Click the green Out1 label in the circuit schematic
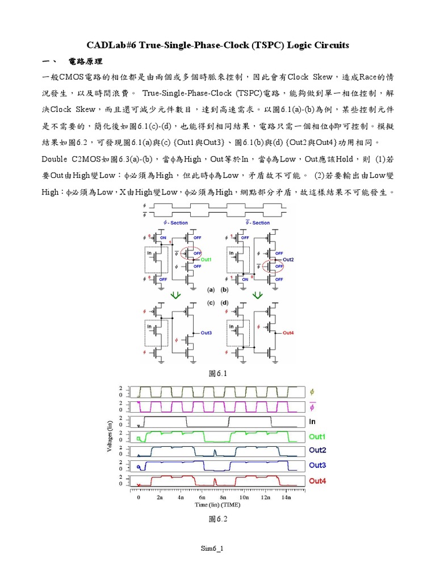pyautogui.click(x=206, y=260)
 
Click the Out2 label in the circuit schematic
pyautogui.click(x=289, y=260)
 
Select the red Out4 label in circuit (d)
pyautogui.click(x=288, y=332)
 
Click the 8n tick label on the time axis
pyautogui.click(x=222, y=497)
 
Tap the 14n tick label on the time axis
pyautogui.click(x=285, y=497)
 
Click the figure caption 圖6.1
pyautogui.click(x=218, y=374)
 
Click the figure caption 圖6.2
pyautogui.click(x=218, y=519)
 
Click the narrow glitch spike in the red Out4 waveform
pyautogui.click(x=215, y=481)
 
